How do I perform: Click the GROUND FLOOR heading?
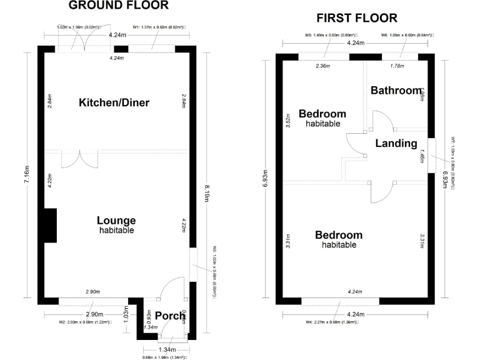(118, 6)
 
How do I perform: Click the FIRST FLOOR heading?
(357, 18)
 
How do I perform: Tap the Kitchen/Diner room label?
(114, 102)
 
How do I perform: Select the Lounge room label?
(116, 221)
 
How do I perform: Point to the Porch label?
(170, 316)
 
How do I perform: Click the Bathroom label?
(396, 91)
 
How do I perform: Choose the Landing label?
(396, 143)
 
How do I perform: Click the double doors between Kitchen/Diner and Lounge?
(80, 159)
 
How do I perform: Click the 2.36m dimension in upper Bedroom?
(322, 66)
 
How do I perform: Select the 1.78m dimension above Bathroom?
(396, 66)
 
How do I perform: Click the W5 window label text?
(322, 35)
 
